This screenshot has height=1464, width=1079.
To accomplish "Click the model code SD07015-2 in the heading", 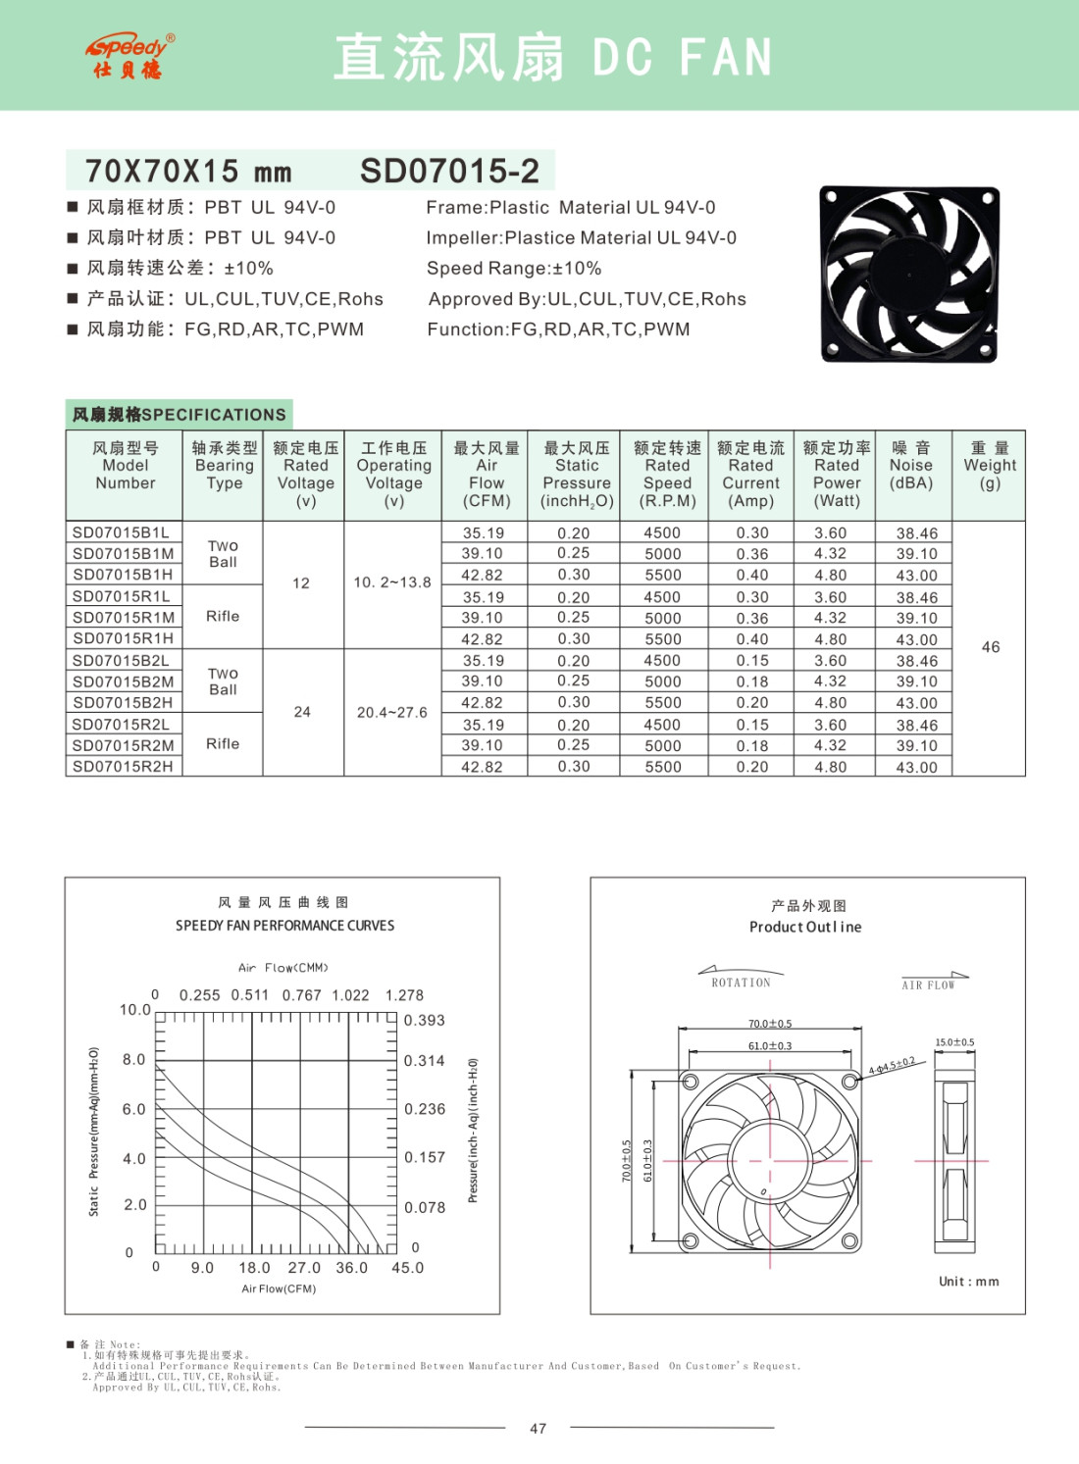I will [x=449, y=172].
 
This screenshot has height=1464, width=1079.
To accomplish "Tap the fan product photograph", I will [x=908, y=274].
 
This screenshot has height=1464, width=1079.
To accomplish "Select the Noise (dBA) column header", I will [x=911, y=466].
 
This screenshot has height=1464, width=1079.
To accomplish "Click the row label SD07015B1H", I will [x=123, y=575].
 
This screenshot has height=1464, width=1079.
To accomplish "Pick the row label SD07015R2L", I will [x=122, y=725].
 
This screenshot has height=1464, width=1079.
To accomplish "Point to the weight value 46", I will [x=991, y=647].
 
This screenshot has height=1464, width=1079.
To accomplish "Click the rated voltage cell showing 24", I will [x=302, y=712].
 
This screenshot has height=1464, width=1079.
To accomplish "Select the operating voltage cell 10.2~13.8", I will [x=392, y=582].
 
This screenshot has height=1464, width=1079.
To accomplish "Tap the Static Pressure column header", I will [x=576, y=475].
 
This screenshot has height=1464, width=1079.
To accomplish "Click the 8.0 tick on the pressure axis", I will [x=133, y=1060].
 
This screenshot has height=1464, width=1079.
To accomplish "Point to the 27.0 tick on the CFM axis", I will [x=304, y=1268].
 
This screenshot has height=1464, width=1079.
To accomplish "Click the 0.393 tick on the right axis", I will [x=425, y=1021].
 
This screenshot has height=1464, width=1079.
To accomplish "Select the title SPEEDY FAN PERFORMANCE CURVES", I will [x=284, y=926].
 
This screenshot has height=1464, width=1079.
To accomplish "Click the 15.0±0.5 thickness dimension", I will [x=954, y=1042].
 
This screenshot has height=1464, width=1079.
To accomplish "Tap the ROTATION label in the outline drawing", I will [x=741, y=983].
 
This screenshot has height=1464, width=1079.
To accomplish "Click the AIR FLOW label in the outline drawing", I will [x=928, y=985].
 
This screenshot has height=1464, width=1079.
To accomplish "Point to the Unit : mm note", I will [x=968, y=1282].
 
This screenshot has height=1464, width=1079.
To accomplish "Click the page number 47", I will [x=538, y=1429].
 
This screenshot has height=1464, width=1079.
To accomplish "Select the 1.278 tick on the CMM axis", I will [x=404, y=995].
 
